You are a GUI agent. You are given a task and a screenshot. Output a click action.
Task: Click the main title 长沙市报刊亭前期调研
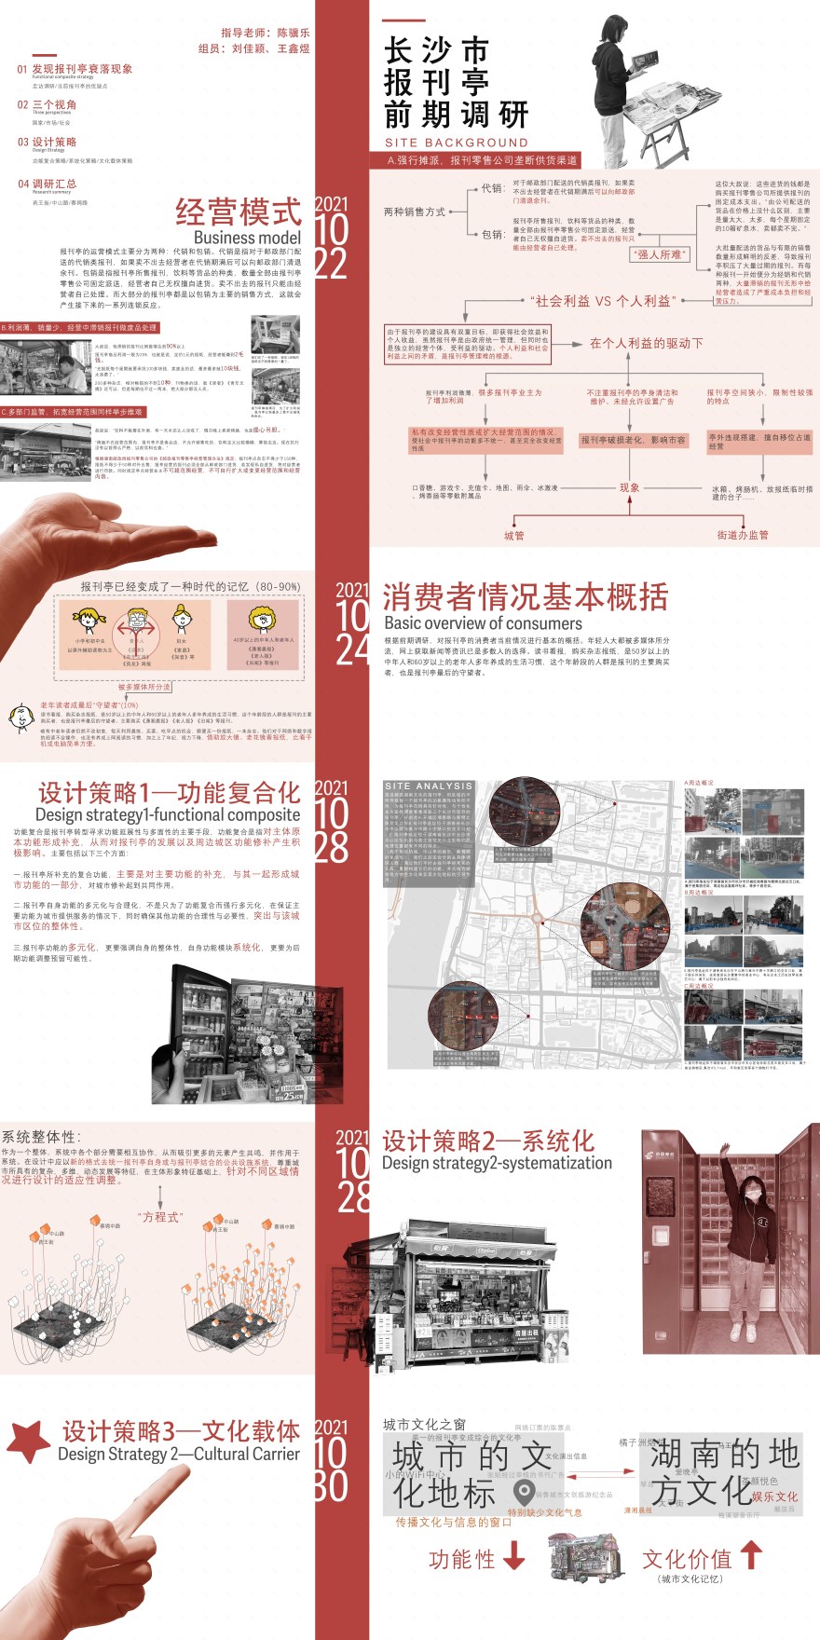(x=456, y=83)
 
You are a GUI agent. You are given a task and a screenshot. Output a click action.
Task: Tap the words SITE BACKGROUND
(x=456, y=143)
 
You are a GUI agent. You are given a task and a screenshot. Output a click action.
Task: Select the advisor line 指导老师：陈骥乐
(x=266, y=33)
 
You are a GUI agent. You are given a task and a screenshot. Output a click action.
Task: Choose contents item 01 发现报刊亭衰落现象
(x=75, y=69)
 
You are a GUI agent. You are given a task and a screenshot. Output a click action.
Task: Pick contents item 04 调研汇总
(x=47, y=184)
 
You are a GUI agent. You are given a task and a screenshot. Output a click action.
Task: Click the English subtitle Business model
(x=247, y=238)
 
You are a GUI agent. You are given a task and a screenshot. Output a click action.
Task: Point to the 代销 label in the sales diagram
(x=492, y=188)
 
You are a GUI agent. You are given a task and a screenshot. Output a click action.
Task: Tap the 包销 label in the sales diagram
(x=492, y=234)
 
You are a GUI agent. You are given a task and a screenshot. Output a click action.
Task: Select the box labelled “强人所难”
(x=660, y=254)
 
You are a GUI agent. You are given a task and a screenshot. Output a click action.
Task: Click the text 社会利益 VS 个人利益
(x=601, y=301)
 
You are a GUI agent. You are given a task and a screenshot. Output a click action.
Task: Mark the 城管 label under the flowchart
(x=513, y=536)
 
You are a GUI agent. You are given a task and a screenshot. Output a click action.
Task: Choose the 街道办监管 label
(x=743, y=535)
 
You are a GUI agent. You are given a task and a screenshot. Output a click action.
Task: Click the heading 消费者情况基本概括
(x=525, y=596)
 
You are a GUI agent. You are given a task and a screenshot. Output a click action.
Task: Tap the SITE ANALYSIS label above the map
(x=429, y=786)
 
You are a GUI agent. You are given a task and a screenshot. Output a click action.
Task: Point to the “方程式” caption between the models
(x=160, y=1217)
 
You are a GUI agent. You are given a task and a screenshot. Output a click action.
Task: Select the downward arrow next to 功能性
(x=514, y=1555)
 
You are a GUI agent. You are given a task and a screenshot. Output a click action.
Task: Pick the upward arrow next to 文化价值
(x=751, y=1554)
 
